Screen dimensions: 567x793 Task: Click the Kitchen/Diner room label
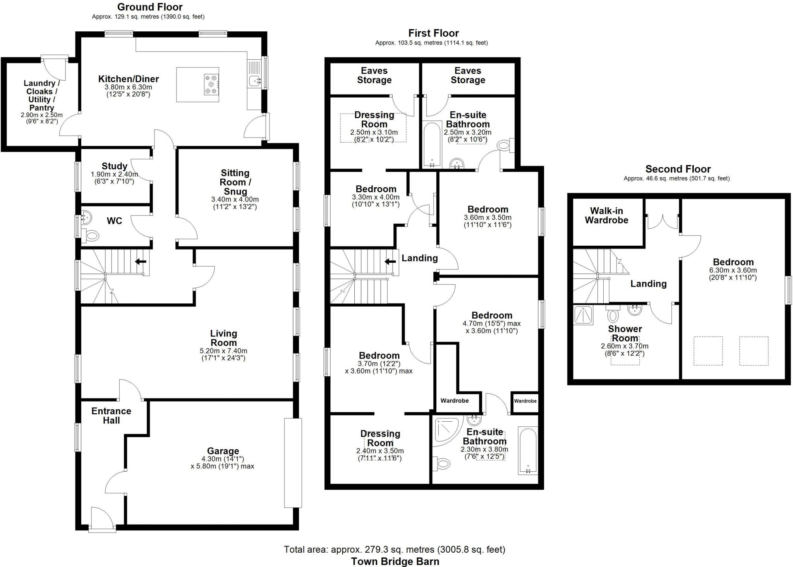(128, 79)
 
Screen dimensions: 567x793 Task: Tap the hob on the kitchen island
(211, 84)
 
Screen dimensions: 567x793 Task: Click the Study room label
(114, 166)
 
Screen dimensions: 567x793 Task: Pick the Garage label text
(223, 451)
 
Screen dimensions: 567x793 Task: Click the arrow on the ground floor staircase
(140, 262)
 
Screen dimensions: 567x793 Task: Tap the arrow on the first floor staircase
(390, 262)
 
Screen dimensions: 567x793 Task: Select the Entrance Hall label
(111, 415)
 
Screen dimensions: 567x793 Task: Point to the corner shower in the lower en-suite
(447, 429)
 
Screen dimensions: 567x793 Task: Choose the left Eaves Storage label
(374, 76)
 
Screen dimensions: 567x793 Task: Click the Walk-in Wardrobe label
(606, 215)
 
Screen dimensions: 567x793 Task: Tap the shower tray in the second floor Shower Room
(583, 315)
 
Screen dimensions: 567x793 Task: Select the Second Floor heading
(678, 169)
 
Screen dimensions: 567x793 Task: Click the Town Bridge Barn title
(395, 561)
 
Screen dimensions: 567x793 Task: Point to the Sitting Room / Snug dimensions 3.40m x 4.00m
(235, 200)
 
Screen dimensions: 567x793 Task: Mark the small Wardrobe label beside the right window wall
(525, 401)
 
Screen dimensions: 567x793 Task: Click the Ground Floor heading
(150, 7)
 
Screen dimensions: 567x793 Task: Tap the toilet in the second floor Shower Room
(613, 315)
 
